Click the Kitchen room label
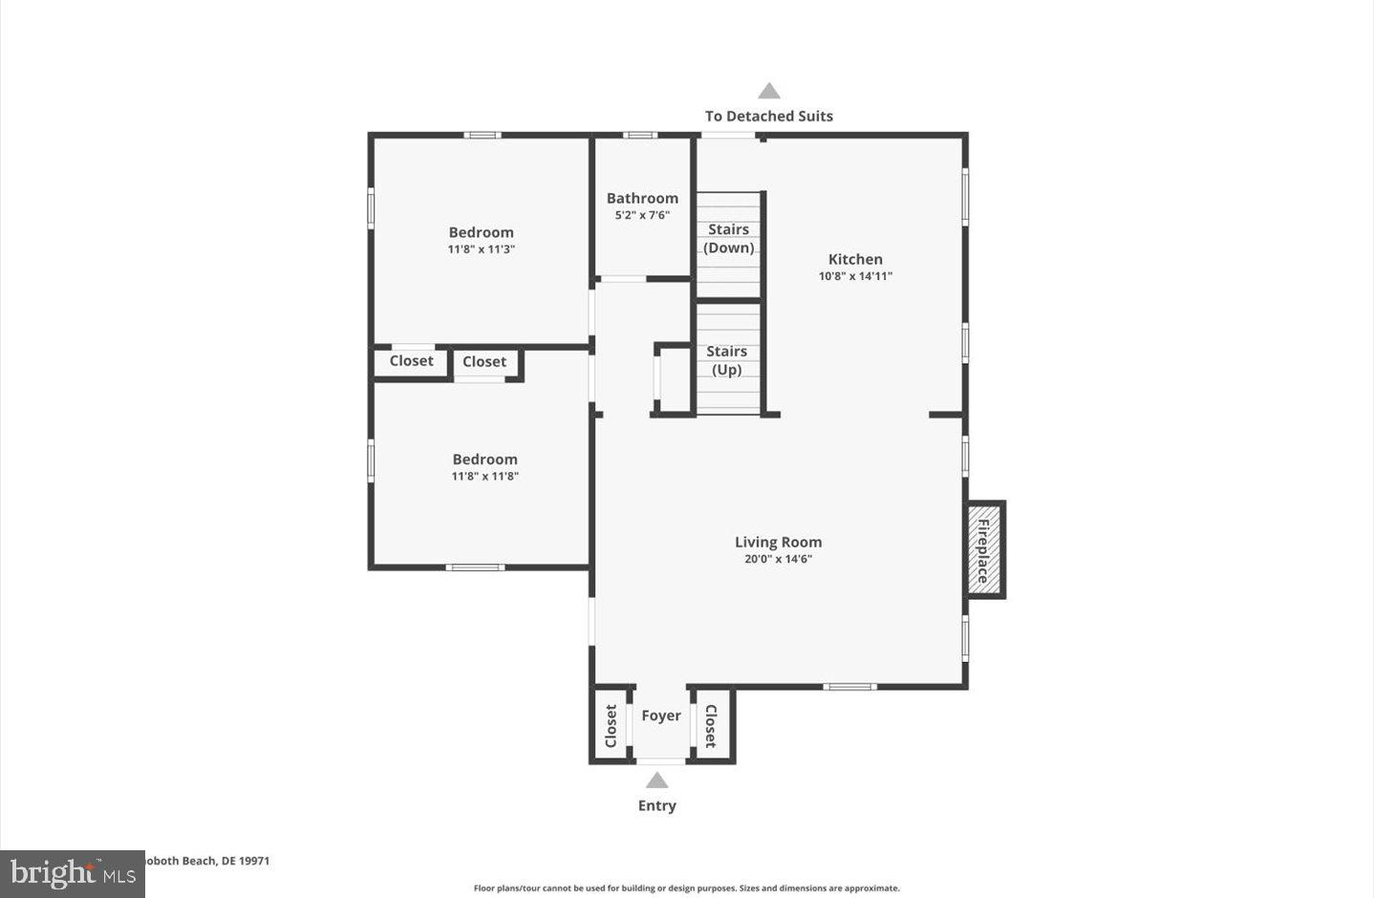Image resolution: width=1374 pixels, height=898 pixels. coord(855,259)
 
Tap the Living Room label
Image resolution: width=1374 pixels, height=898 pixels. coord(778,542)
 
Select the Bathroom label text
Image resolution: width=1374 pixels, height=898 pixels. coord(642,198)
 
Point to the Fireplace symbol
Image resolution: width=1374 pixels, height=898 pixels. coord(984,549)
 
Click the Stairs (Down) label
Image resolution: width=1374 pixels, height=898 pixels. coord(729,239)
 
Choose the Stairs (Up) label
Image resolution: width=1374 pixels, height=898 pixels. coord(726,360)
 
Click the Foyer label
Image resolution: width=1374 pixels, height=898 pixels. coord(661,716)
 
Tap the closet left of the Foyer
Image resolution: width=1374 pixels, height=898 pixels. coord(611,726)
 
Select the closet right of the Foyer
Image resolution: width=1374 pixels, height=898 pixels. coord(711,726)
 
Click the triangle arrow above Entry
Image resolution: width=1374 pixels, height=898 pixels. coord(656,780)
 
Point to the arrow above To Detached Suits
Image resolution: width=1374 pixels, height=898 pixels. coord(769,92)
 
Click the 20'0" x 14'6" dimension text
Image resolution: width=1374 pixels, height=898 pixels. coord(778,560)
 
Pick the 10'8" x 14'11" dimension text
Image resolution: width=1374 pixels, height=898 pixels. coord(855,276)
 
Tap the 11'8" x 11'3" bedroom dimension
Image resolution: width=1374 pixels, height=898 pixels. coord(482,249)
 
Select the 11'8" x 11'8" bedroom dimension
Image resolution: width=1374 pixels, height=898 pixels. coord(484,477)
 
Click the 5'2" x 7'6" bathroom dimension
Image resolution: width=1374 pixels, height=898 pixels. coord(642,215)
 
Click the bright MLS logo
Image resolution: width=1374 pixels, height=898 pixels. coord(73,873)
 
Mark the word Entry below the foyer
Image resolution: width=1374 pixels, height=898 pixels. coord(656,805)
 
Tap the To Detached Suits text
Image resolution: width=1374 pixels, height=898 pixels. coord(769,116)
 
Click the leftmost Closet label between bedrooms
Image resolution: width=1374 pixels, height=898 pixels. coord(411,361)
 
